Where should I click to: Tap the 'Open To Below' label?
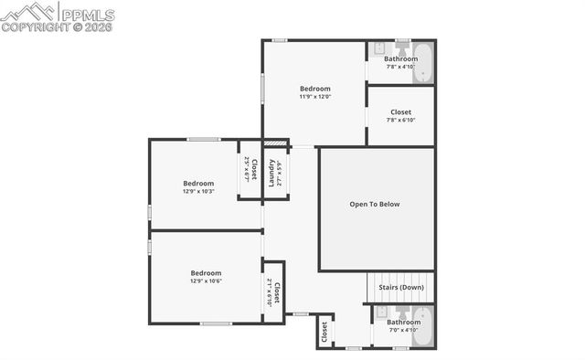(x=375, y=204)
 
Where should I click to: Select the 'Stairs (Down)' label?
(x=401, y=288)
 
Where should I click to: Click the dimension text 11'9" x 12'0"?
(x=314, y=96)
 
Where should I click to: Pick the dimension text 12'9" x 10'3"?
(x=198, y=191)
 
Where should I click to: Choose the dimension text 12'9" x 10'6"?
(x=206, y=281)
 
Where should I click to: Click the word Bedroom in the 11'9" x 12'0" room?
(x=315, y=89)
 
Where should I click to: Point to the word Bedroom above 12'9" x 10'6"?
(x=206, y=272)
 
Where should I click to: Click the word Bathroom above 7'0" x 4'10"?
(x=403, y=322)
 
